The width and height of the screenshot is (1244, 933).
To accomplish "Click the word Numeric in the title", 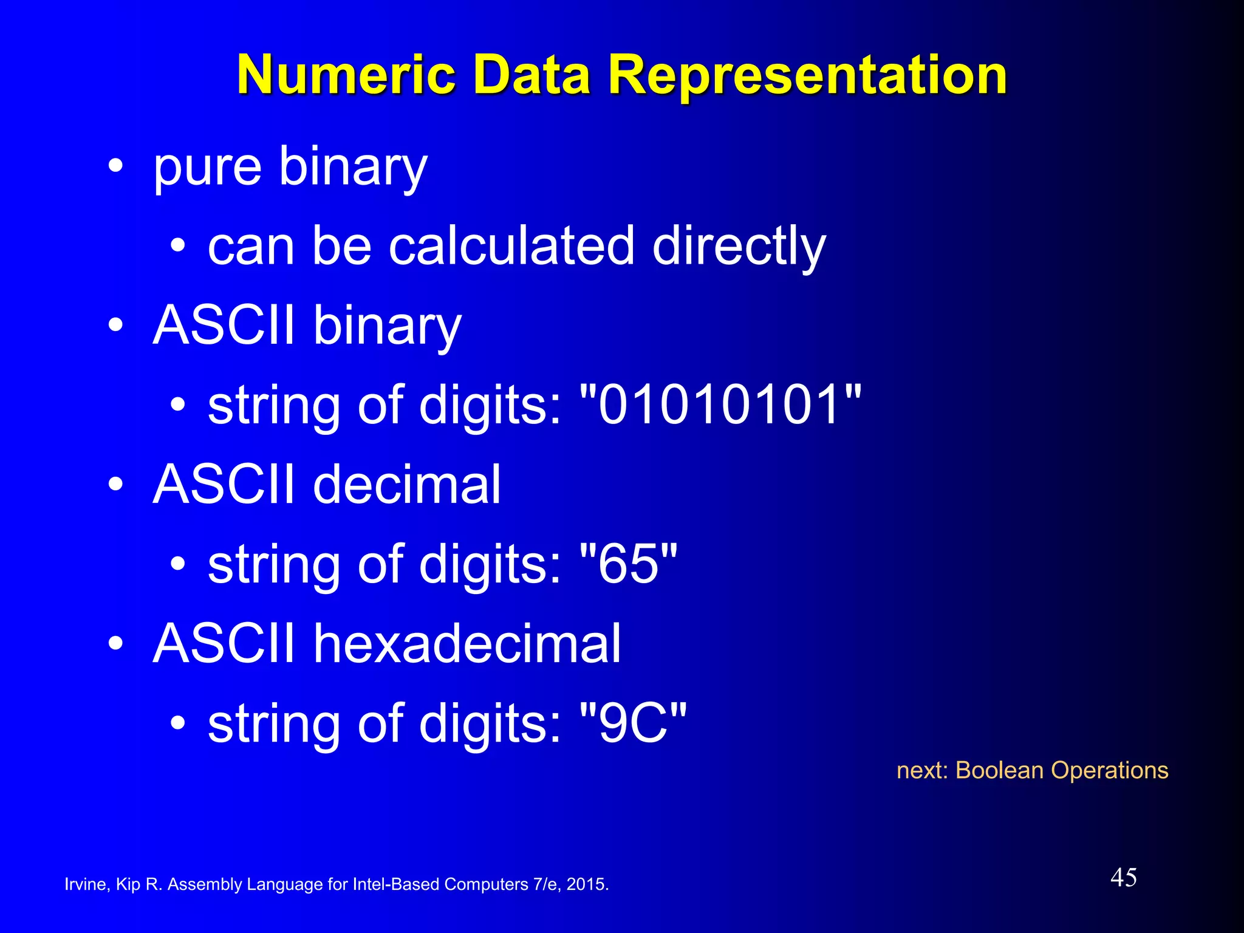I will tap(346, 75).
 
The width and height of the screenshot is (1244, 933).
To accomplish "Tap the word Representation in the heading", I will tap(807, 75).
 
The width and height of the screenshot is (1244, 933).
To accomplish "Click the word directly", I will tap(739, 246).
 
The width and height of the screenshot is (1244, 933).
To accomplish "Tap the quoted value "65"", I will tap(629, 564).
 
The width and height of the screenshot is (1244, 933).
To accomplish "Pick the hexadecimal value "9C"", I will tap(634, 723).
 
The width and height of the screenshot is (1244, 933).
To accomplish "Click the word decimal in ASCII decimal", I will tap(407, 485).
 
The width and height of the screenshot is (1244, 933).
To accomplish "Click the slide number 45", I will tap(1124, 878).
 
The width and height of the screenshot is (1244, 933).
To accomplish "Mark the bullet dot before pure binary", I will tap(115, 166).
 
